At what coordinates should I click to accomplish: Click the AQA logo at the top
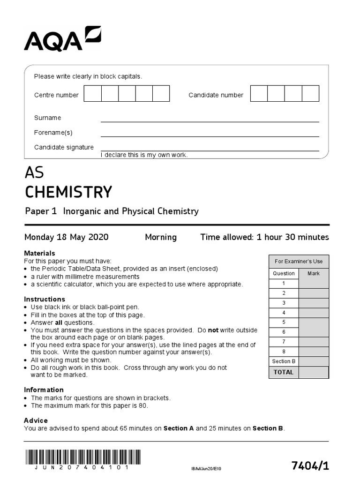coord(62,38)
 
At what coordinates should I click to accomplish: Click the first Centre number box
coord(92,94)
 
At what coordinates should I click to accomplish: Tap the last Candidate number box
coord(310,94)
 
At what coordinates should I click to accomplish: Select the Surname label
coord(47,118)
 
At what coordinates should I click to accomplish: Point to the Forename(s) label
coord(53,133)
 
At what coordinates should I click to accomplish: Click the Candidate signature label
coord(64,147)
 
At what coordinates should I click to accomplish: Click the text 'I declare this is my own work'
coord(144,155)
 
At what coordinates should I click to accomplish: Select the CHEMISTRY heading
coord(68,192)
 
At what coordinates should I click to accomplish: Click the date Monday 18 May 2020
coord(66,237)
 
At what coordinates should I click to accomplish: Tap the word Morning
coord(161,237)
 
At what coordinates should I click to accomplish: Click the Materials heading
coord(39,253)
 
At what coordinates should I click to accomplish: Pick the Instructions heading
coord(44,299)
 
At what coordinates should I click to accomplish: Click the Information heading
coord(44,390)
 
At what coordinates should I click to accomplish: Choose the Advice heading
coord(36,420)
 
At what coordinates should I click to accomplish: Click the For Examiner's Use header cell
coord(299,262)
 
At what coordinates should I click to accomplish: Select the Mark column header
coord(314,273)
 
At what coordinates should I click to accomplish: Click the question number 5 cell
coord(284,322)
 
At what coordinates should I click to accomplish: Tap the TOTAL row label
coord(284,372)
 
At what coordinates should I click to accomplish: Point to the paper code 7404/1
coord(310,465)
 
